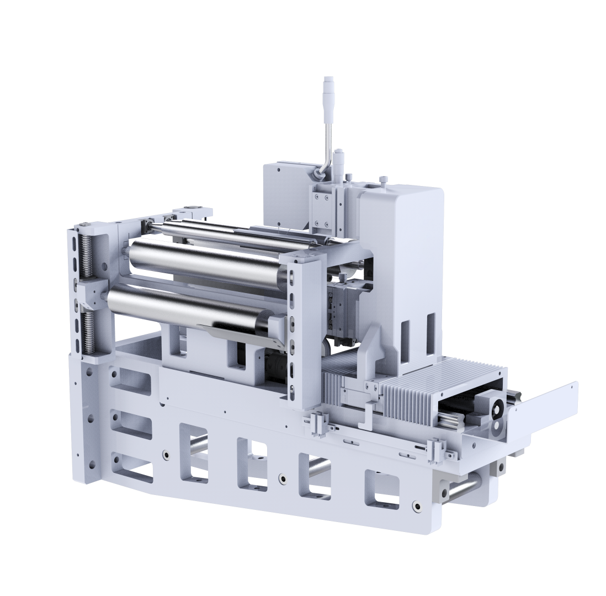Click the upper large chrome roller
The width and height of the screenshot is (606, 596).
210,265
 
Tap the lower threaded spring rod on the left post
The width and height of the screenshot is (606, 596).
87,331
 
